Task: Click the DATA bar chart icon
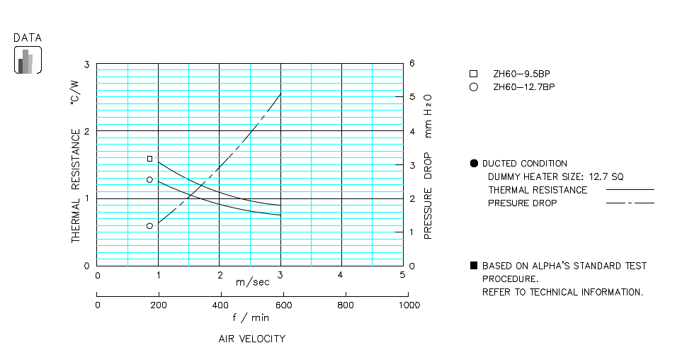[28, 60]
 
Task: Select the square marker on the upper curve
[149, 159]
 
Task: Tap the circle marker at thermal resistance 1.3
[149, 179]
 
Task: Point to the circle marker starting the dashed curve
[149, 225]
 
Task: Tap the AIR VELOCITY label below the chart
[252, 339]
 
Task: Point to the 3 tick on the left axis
[87, 64]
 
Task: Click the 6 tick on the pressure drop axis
[412, 64]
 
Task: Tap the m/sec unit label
[252, 282]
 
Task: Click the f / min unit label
[251, 317]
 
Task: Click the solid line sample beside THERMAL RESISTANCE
[630, 190]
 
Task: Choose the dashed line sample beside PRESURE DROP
[630, 203]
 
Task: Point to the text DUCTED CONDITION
[524, 164]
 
